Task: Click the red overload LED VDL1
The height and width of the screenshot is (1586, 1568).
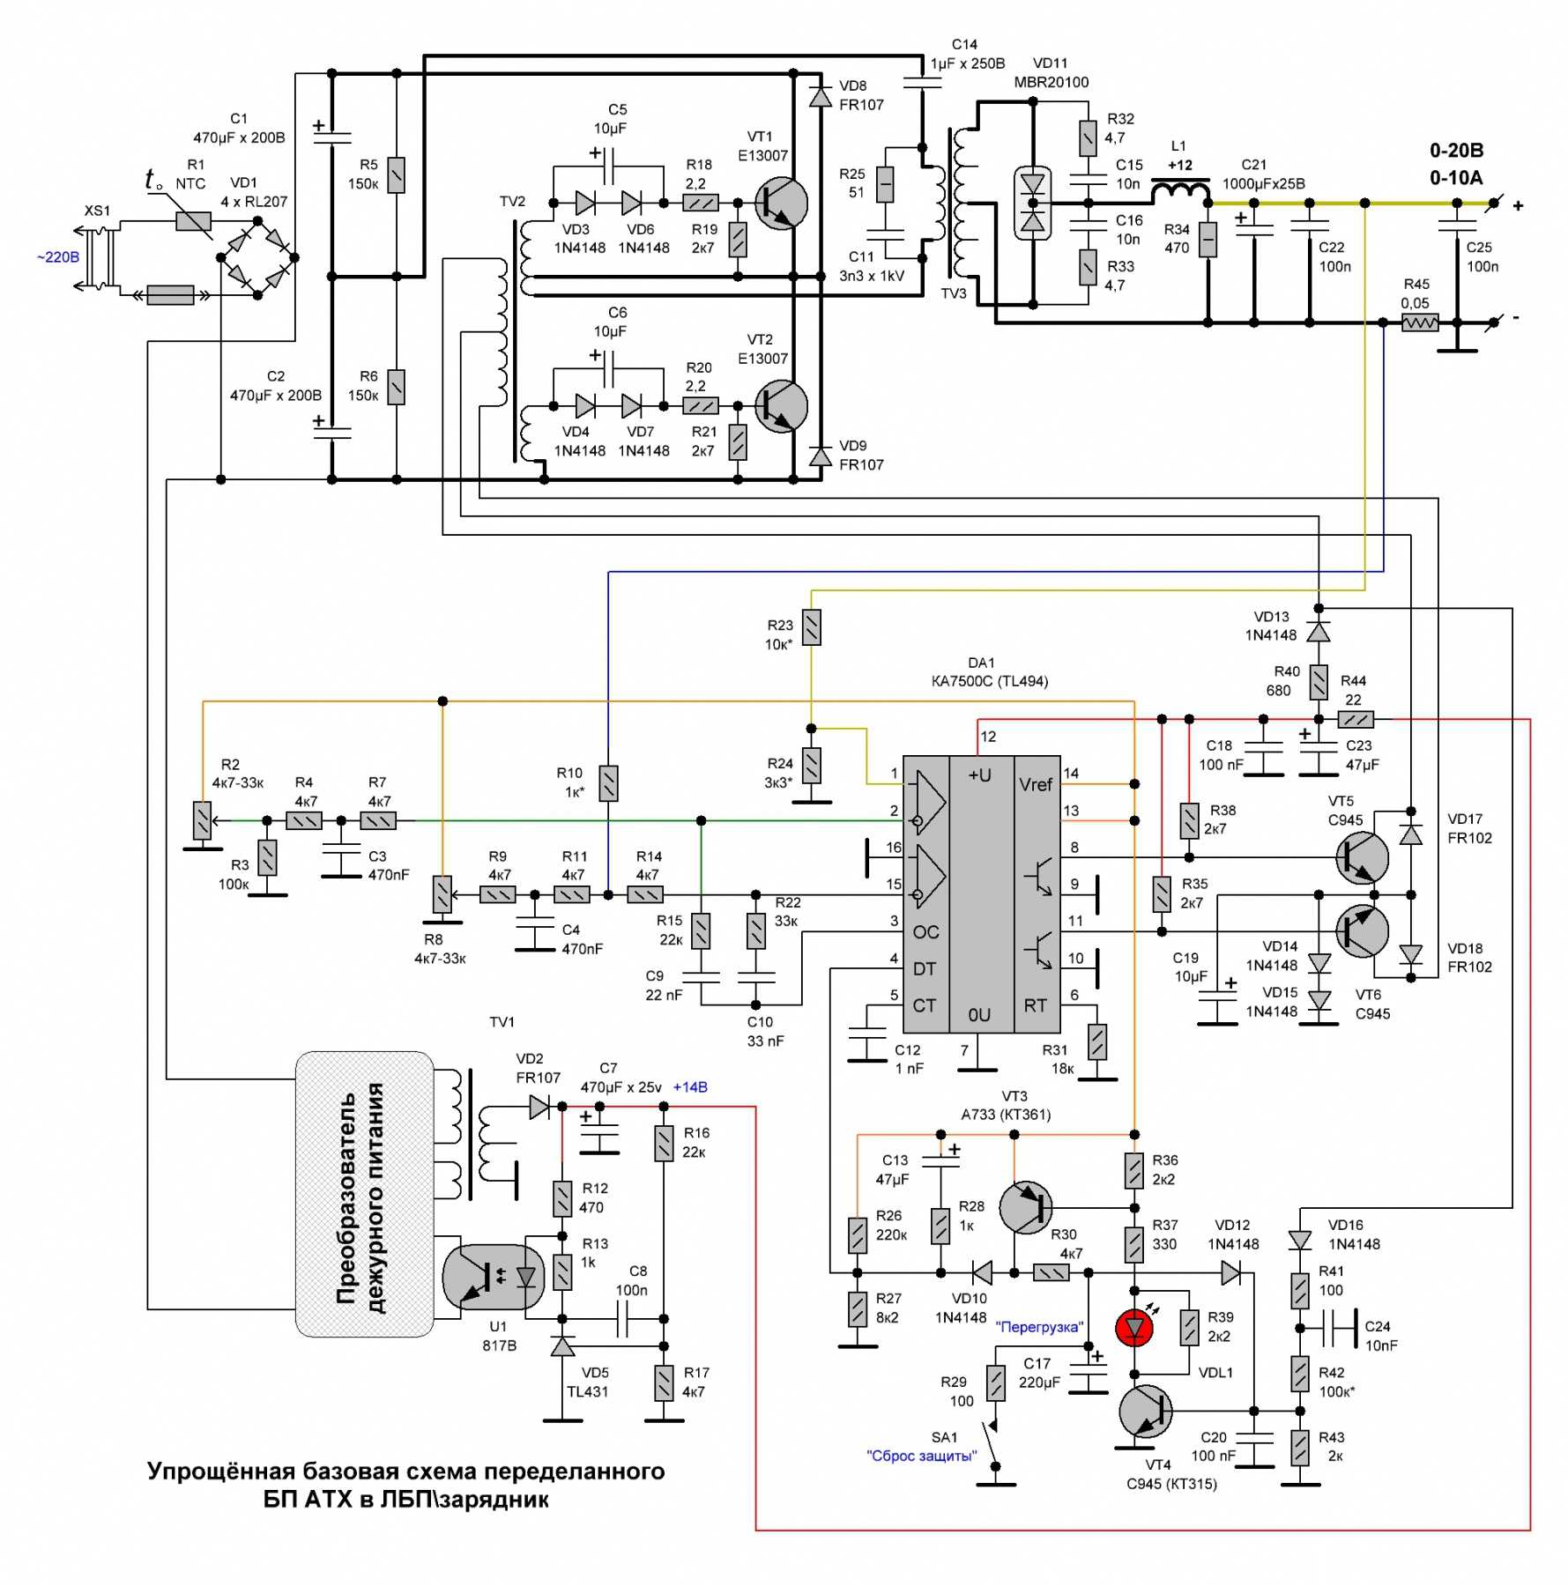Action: coord(1133,1328)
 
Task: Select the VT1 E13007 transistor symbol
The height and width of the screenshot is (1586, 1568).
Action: coord(781,204)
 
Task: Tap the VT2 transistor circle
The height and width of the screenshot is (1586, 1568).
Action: coord(781,406)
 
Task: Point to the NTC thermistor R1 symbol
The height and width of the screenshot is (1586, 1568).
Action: coord(193,221)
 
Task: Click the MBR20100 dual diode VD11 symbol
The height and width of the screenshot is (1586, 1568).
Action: coord(1032,203)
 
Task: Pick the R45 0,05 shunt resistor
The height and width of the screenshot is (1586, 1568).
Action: coord(1419,322)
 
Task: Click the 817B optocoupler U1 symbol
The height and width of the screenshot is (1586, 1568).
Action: coord(494,1276)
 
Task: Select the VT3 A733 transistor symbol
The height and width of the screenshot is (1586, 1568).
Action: coord(1026,1207)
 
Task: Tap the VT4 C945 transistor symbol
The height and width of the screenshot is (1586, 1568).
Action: coord(1146,1411)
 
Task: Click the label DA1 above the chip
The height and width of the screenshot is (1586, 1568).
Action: coord(981,663)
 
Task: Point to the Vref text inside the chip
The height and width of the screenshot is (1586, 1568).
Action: coord(1036,784)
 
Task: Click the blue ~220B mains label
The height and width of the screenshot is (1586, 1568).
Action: coord(58,257)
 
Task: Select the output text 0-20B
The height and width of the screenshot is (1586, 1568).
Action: coord(1456,151)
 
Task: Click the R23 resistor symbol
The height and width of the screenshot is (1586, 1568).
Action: coord(811,627)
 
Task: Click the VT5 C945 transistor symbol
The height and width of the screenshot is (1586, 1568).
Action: coord(1362,857)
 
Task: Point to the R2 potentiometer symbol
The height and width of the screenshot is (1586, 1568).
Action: coord(203,820)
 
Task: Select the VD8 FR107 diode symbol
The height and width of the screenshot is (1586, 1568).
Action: coord(820,95)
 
